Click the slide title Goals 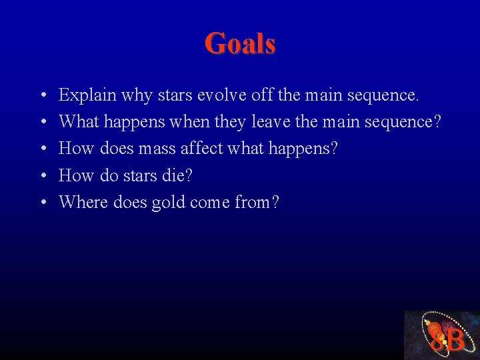pos(240,43)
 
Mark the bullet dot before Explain pos(42,96)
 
